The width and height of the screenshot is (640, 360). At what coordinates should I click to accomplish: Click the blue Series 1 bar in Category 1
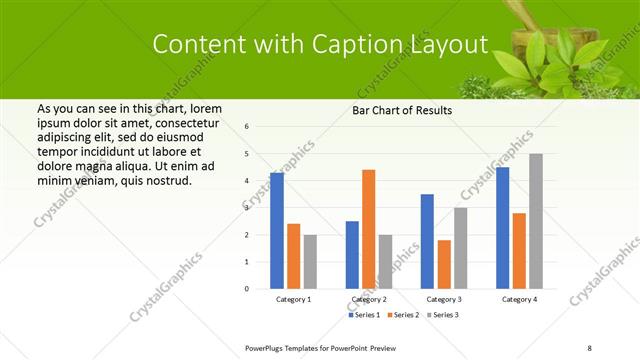point(277,231)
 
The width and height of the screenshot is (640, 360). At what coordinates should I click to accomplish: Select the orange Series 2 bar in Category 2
point(368,229)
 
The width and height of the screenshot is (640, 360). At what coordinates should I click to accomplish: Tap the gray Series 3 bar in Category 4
point(536,221)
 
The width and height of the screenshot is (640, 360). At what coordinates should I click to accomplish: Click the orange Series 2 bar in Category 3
point(444,264)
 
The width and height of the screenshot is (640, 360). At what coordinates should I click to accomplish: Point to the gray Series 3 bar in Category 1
point(310,261)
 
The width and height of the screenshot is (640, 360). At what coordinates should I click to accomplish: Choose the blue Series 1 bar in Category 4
point(502,228)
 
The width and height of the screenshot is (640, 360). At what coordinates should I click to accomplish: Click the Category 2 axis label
point(368,299)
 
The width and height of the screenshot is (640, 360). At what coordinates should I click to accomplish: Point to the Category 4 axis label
point(519,299)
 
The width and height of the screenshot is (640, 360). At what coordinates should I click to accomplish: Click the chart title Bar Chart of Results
point(402,110)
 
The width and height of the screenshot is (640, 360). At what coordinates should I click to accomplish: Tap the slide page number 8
point(589,346)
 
